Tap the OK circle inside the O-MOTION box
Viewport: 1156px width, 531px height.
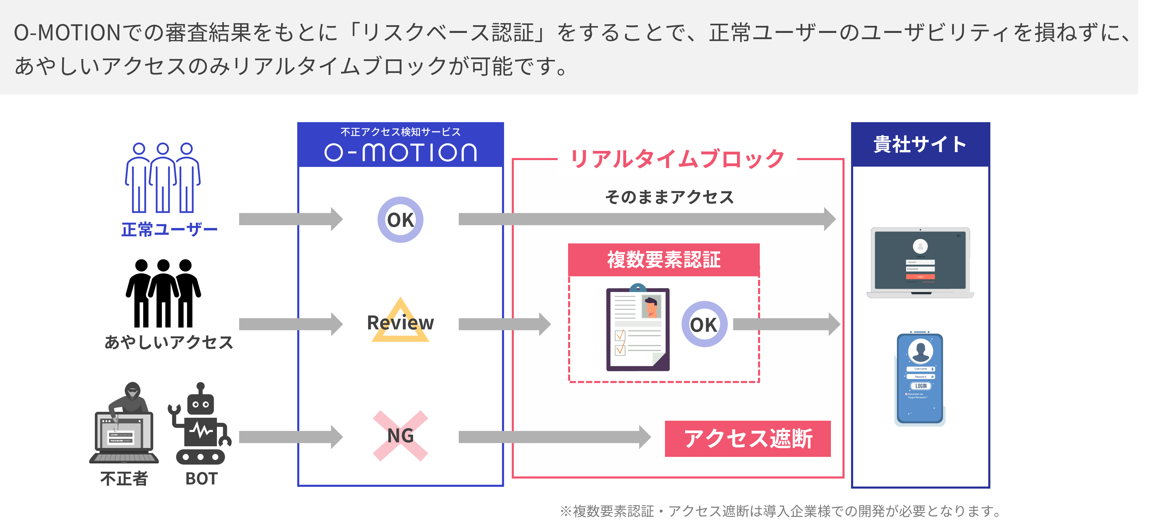click(400, 220)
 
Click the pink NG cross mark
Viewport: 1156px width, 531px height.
click(400, 436)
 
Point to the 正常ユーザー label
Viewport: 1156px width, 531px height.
click(169, 230)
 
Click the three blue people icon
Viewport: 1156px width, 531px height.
click(162, 178)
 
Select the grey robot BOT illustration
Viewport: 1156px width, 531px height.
click(200, 424)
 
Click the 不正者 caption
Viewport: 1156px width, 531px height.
click(124, 479)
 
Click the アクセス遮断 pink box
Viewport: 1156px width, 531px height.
click(748, 438)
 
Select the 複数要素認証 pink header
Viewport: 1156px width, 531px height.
click(664, 259)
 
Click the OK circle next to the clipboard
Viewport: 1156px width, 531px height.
click(704, 324)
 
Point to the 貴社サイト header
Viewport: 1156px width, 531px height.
click(920, 144)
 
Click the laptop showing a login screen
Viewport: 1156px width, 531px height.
click(920, 263)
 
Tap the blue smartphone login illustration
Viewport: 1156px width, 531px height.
click(920, 378)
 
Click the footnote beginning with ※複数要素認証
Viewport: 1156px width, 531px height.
click(781, 511)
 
